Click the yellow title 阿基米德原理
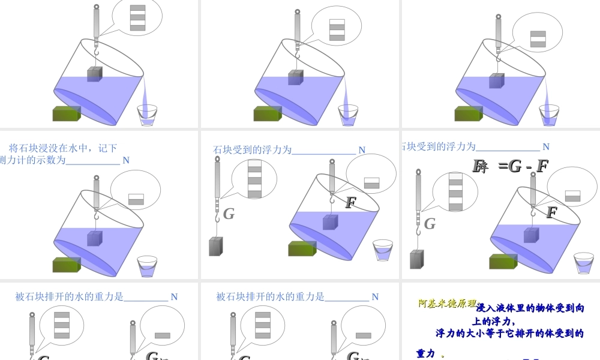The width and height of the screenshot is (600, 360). click(447, 304)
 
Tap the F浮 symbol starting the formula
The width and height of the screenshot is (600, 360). click(480, 167)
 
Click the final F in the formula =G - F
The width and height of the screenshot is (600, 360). click(542, 166)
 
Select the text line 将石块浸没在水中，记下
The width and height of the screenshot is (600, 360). click(63, 148)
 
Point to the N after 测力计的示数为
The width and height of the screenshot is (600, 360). click(126, 160)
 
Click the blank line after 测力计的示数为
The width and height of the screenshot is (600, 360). click(93, 161)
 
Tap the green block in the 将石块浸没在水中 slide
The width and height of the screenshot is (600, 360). click(67, 265)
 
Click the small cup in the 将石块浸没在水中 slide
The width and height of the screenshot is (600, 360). click(148, 266)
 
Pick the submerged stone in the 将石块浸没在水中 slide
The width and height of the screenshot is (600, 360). click(95, 238)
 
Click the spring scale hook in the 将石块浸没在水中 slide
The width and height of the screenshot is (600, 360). click(96, 215)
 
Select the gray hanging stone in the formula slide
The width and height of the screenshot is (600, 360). click(416, 259)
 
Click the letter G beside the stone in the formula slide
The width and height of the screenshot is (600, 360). click(430, 224)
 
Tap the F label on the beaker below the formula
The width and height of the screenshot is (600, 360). click(552, 212)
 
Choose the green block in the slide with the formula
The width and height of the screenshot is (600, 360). click(503, 262)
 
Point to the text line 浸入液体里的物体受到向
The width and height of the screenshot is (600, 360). click(530, 308)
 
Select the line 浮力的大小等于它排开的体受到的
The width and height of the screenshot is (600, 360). click(509, 334)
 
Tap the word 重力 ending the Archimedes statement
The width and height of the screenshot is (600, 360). click(426, 354)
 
